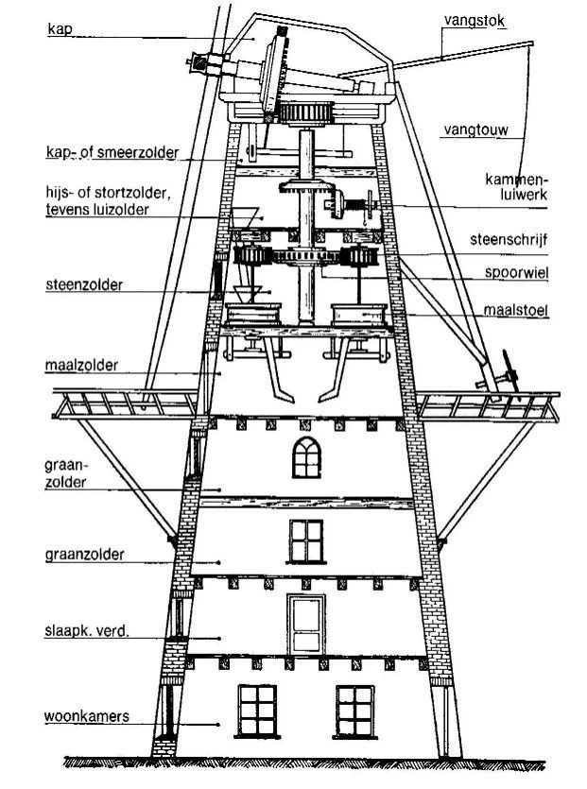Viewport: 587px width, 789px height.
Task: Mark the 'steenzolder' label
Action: tap(83, 283)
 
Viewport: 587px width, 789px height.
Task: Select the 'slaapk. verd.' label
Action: tap(85, 629)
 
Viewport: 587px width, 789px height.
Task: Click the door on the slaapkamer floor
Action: tap(306, 622)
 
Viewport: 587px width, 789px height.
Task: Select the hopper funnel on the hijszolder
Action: tap(248, 216)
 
